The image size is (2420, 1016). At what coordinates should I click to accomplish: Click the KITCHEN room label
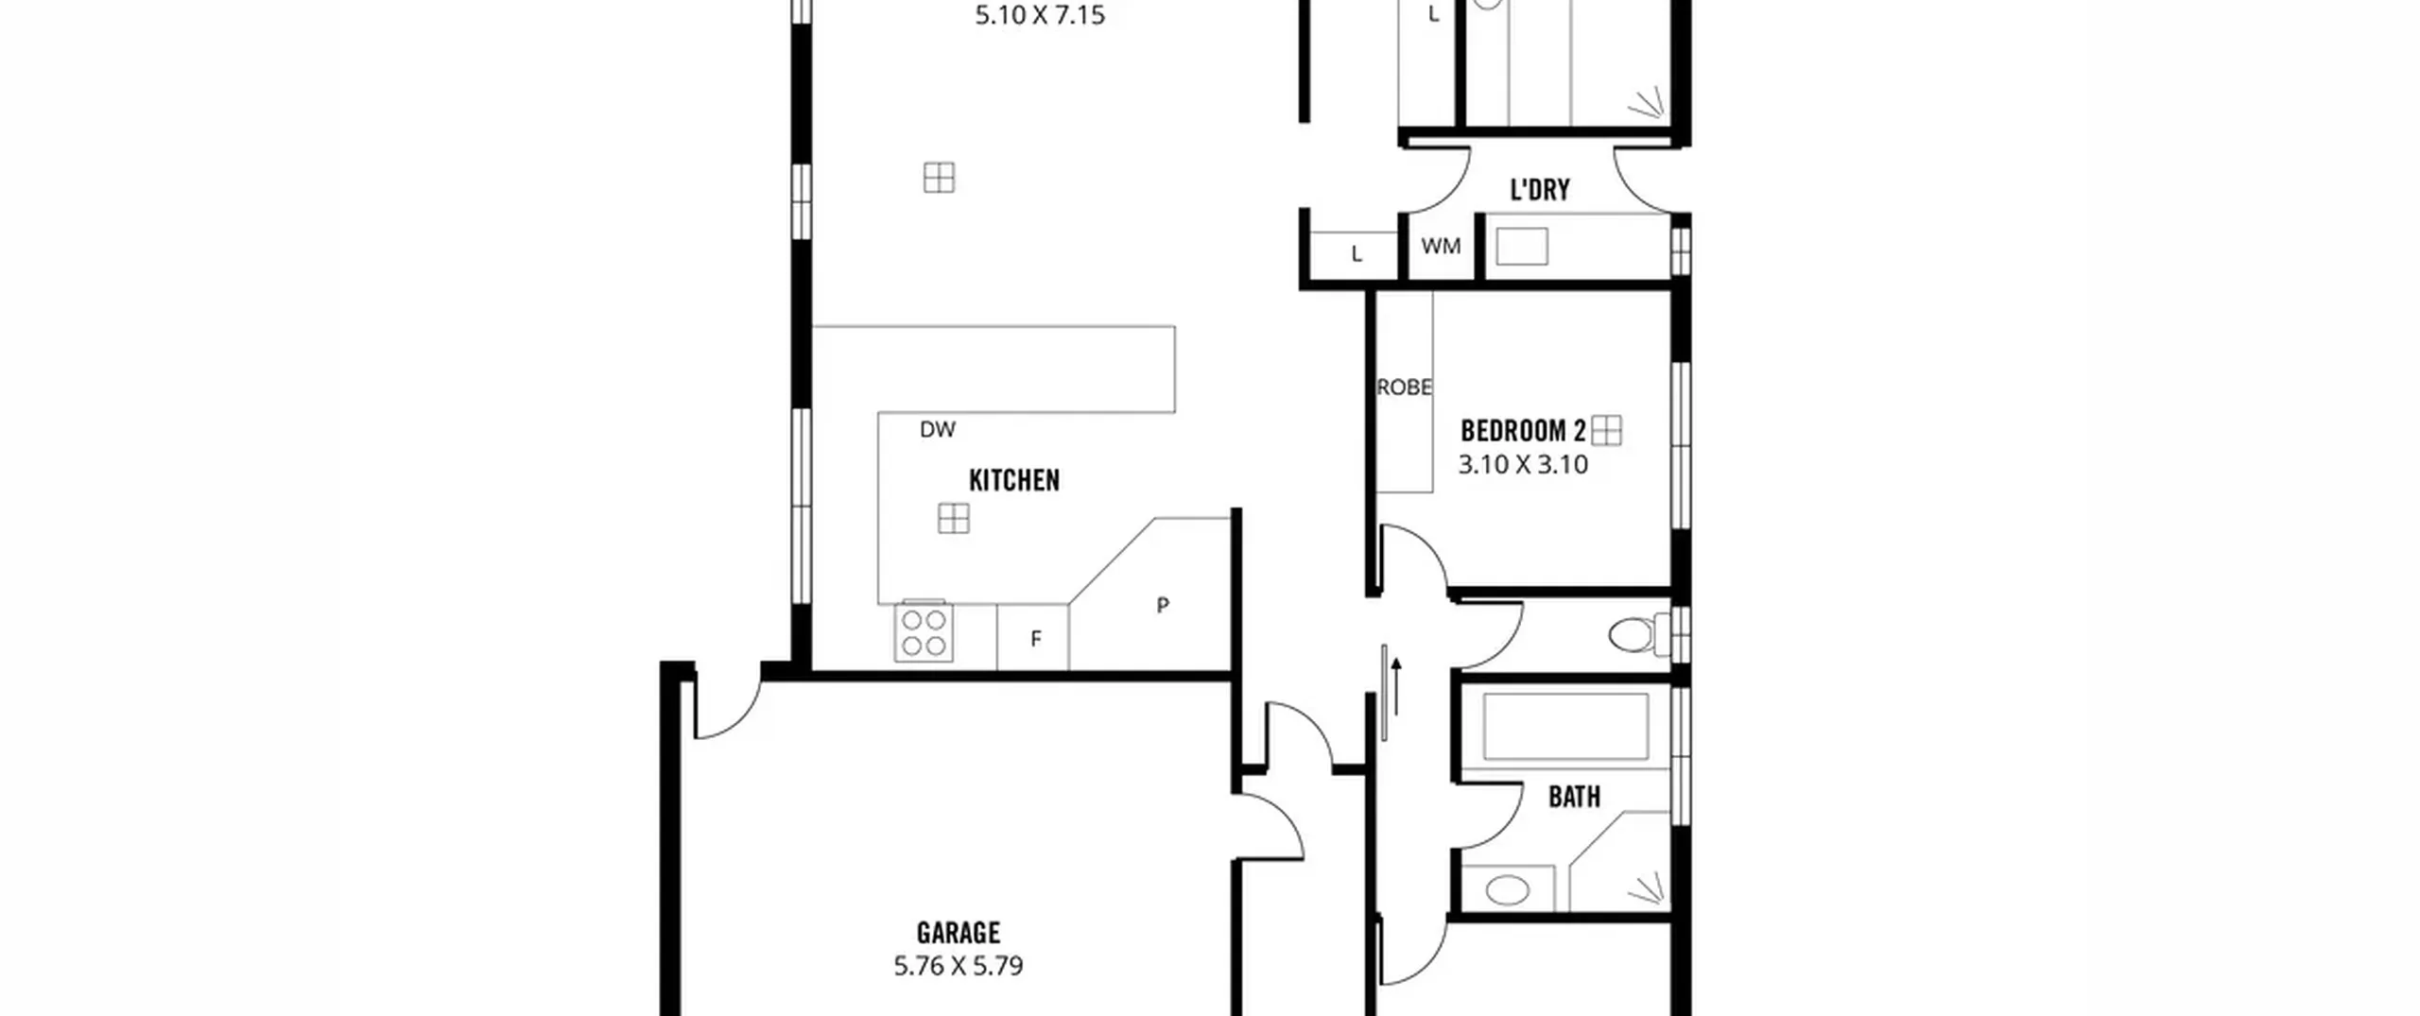[1014, 480]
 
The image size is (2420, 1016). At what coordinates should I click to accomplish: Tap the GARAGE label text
[959, 933]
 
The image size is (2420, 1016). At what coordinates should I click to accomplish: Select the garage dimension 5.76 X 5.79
[959, 966]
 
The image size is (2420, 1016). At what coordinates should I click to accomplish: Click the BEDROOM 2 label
[1523, 431]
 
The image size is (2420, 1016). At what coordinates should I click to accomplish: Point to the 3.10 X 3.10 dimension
[1523, 465]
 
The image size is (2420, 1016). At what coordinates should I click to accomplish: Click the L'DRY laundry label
[1540, 190]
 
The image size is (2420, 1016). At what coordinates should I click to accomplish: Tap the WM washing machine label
[1441, 247]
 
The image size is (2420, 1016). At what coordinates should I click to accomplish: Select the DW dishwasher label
[938, 430]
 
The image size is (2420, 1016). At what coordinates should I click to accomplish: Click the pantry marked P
[1163, 605]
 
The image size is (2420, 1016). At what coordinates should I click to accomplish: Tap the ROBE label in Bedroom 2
[1405, 387]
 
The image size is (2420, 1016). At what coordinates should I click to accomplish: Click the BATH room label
[1575, 798]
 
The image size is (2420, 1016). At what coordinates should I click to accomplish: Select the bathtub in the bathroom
[1566, 727]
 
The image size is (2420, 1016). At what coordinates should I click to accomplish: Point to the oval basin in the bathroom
[1508, 890]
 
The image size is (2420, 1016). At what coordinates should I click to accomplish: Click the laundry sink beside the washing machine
[1522, 247]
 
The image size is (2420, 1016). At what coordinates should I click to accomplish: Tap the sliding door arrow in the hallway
[1396, 687]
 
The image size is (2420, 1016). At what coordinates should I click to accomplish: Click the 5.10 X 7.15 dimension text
[1040, 15]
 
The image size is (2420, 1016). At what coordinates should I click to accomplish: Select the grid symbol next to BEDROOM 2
[1607, 431]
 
